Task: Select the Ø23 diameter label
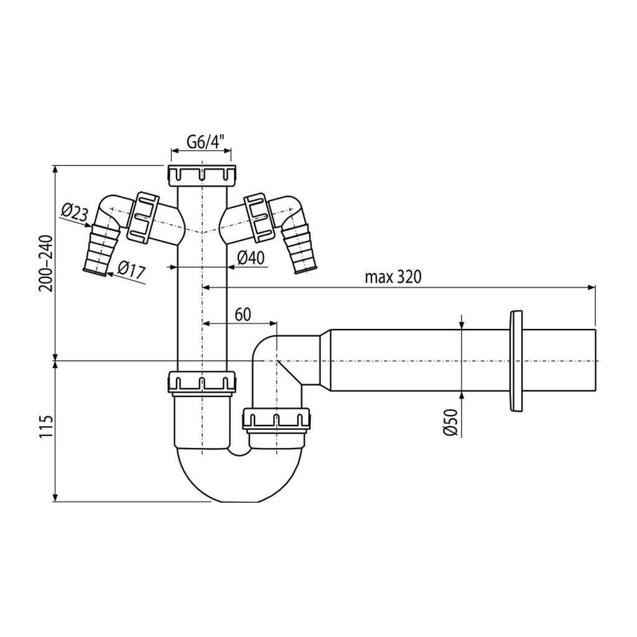click(75, 213)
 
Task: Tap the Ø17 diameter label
click(131, 269)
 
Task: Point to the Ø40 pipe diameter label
click(251, 258)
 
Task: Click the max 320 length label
click(393, 277)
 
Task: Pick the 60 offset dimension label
click(243, 314)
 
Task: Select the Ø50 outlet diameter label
click(451, 422)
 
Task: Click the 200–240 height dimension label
click(46, 263)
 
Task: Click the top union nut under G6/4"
click(202, 175)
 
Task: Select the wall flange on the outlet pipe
click(515, 361)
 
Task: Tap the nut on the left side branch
click(142, 218)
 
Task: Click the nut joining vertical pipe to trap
click(202, 383)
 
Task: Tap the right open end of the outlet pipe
click(595, 361)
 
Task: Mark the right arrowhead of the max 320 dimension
click(592, 287)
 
